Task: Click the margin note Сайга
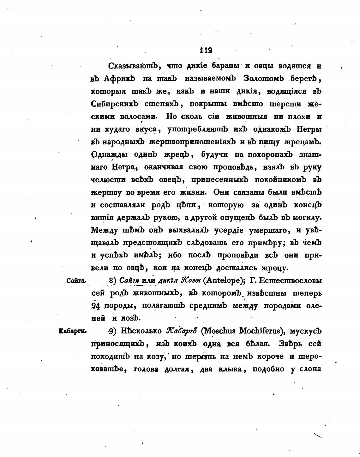pyautogui.click(x=76, y=280)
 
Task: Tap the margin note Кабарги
pyautogui.click(x=73, y=331)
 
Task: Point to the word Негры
pyautogui.click(x=309, y=129)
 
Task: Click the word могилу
pyautogui.click(x=307, y=218)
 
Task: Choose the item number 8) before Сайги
pyautogui.click(x=113, y=280)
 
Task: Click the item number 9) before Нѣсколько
pyautogui.click(x=113, y=331)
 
